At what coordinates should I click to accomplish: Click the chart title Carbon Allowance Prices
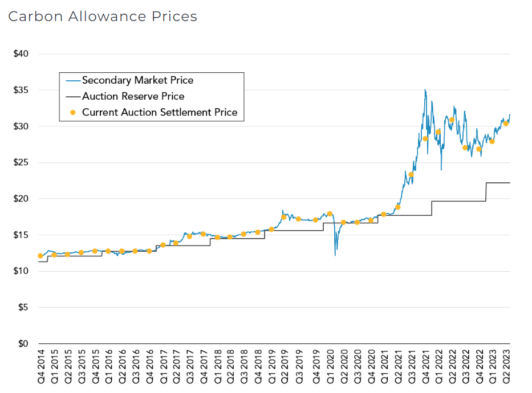pyautogui.click(x=103, y=17)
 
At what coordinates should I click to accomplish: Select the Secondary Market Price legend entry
pyautogui.click(x=137, y=80)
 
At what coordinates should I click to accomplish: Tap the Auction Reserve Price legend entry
pyautogui.click(x=133, y=96)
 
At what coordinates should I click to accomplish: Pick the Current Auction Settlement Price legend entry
pyautogui.click(x=159, y=112)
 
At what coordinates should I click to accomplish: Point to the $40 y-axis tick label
pyautogui.click(x=22, y=54)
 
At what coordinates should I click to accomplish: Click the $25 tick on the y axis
pyautogui.click(x=22, y=163)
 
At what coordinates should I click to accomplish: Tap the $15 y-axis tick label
pyautogui.click(x=22, y=235)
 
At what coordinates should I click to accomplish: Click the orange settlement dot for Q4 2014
pyautogui.click(x=40, y=256)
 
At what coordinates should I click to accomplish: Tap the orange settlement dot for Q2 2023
pyautogui.click(x=506, y=124)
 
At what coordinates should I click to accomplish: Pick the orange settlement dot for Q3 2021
pyautogui.click(x=411, y=175)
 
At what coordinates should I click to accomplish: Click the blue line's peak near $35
pyautogui.click(x=425, y=90)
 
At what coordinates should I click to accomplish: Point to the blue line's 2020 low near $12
pyautogui.click(x=335, y=255)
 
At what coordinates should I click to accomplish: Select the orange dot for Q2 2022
pyautogui.click(x=452, y=120)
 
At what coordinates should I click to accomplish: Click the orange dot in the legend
pyautogui.click(x=72, y=112)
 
